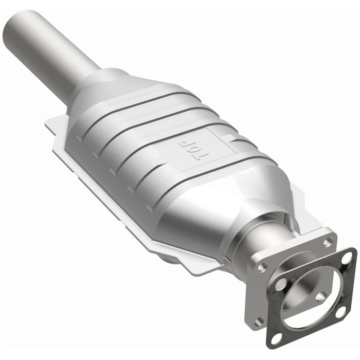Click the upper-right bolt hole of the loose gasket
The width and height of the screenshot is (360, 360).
coord(348,256)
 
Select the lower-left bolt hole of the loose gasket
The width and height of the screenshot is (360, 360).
coord(276,338)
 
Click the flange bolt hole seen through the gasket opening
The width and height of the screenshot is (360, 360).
coord(321,296)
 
